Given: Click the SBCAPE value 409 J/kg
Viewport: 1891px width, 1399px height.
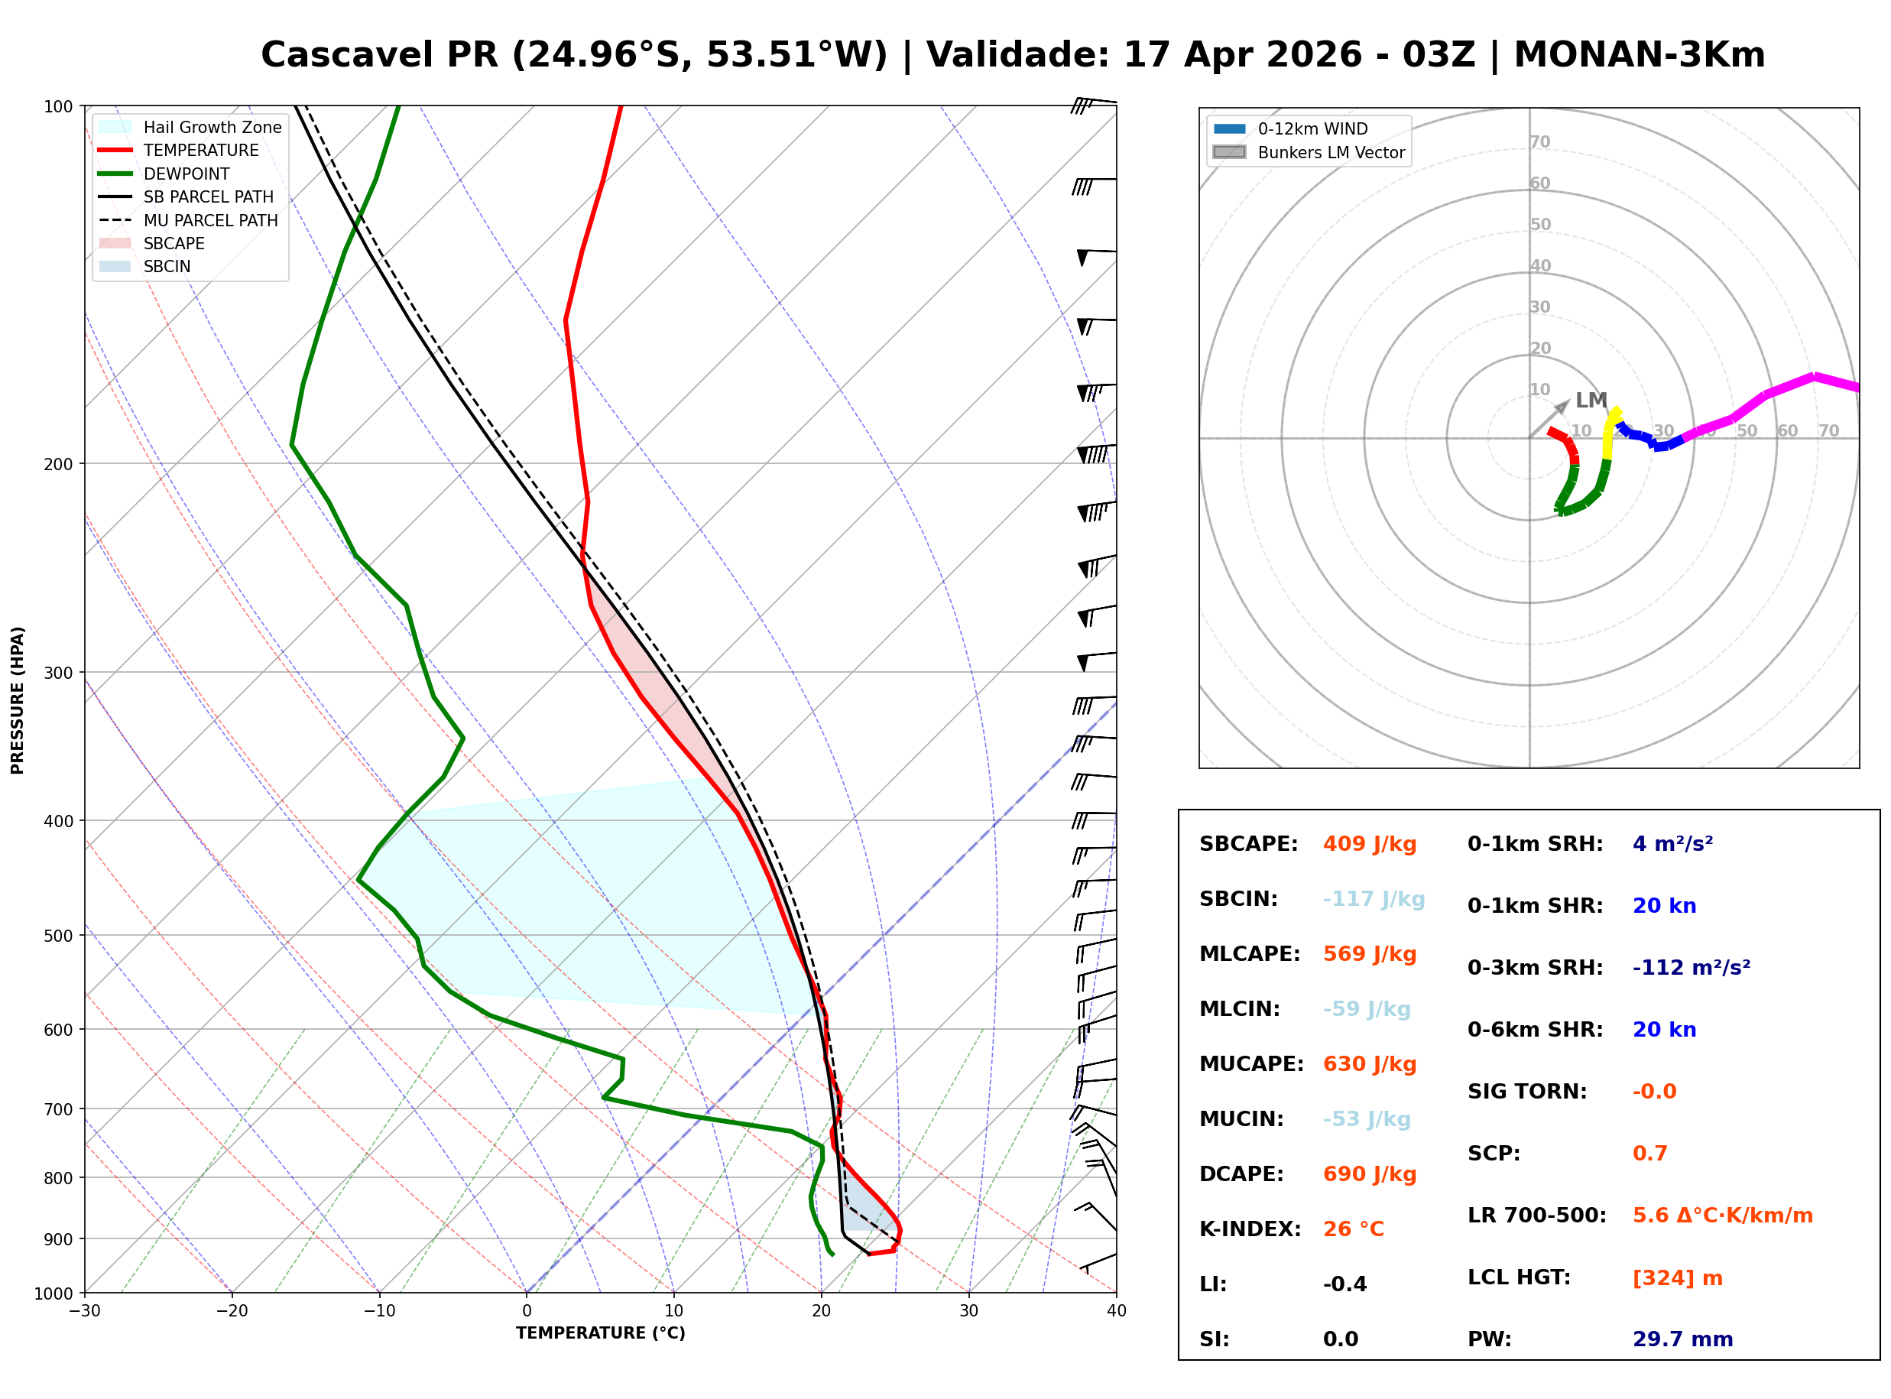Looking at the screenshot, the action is point(1370,844).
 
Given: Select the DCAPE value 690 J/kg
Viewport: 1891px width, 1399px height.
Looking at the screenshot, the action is point(1370,1174).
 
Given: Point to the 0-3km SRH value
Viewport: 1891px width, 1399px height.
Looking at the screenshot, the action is point(1692,967).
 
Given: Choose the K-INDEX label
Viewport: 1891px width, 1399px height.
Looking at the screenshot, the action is point(1250,1229).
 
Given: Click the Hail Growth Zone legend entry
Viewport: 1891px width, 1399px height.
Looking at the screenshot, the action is point(190,127).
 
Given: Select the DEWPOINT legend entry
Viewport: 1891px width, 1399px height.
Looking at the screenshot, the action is point(164,174).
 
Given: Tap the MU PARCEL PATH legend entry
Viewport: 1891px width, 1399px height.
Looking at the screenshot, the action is point(188,220).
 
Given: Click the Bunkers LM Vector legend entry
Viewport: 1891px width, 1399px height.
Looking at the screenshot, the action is point(1309,152).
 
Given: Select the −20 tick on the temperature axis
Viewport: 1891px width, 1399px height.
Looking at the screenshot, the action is point(232,1311).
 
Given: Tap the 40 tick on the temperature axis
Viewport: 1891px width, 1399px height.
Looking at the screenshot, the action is point(1116,1311).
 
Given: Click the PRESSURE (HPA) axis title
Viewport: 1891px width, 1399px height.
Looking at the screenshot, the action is point(18,700).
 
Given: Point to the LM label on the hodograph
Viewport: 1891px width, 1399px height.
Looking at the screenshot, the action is point(1591,401).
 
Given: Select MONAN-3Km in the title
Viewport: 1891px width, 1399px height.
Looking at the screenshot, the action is point(1640,55).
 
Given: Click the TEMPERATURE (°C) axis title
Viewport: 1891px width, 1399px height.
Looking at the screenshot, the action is point(601,1333).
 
